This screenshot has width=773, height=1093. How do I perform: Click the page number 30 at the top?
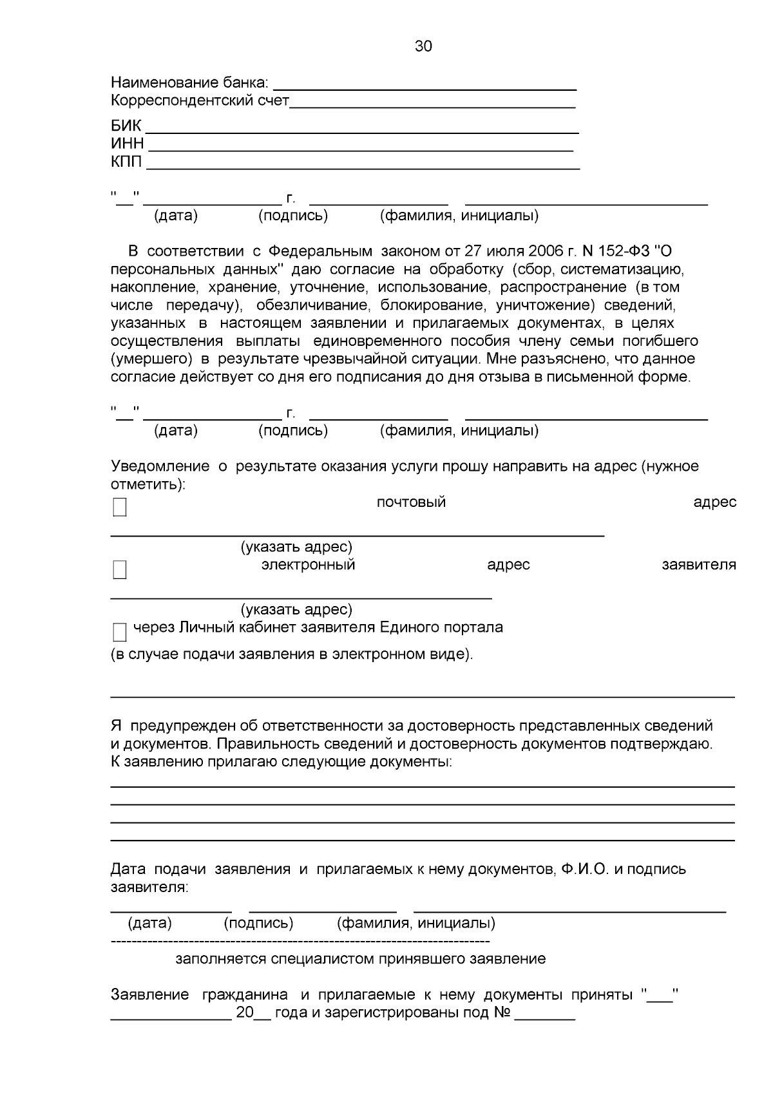point(423,46)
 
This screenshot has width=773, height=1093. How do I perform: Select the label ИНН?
point(127,144)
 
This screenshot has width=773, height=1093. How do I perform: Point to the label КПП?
point(126,162)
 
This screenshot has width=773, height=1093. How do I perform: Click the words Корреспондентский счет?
point(200,101)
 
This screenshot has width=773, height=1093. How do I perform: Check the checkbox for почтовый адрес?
point(120,508)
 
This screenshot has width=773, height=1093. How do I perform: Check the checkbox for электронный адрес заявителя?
point(120,570)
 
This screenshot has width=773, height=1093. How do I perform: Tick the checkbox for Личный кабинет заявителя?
point(120,632)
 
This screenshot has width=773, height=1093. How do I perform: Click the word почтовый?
point(411,502)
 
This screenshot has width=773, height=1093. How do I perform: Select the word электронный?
point(308,565)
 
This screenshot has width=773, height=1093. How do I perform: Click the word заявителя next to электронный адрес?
point(699,565)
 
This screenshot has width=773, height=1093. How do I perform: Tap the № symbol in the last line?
point(502,1012)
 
